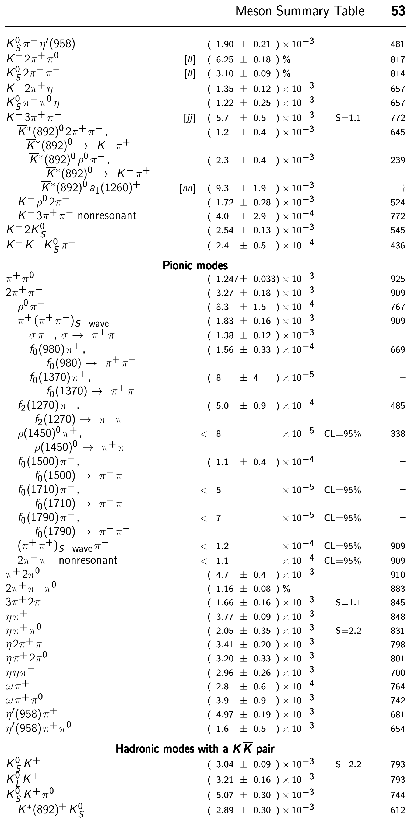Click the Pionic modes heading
pyautogui.click(x=195, y=265)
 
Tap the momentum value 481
pyautogui.click(x=398, y=44)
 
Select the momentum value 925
pyautogui.click(x=398, y=279)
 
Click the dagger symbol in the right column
pyautogui.click(x=403, y=188)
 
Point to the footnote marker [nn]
pyautogui.click(x=187, y=188)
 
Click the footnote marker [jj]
pyautogui.click(x=189, y=118)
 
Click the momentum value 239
pyautogui.click(x=398, y=160)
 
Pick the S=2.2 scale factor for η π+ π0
pyautogui.click(x=348, y=631)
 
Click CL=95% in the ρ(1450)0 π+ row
pyautogui.click(x=342, y=434)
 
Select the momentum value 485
pyautogui.click(x=398, y=406)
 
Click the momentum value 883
pyautogui.click(x=398, y=589)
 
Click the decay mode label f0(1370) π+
pyautogui.click(x=60, y=378)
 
